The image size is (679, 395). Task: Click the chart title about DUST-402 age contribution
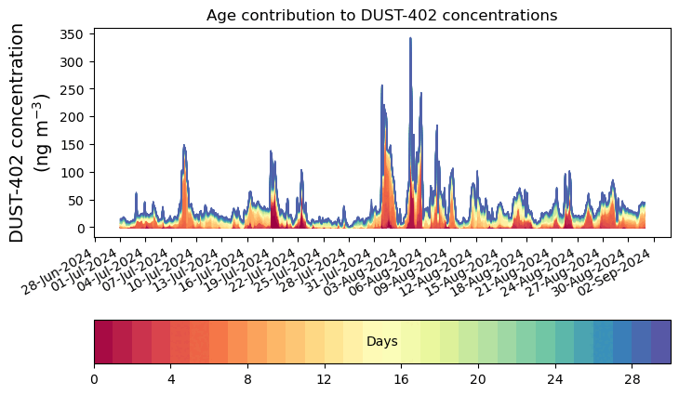[381, 15]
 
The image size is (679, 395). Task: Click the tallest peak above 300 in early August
[410, 40]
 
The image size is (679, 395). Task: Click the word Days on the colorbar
[381, 342]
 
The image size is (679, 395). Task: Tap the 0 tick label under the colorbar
[94, 380]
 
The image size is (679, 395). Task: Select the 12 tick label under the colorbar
[324, 380]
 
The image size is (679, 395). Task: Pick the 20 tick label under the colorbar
[478, 380]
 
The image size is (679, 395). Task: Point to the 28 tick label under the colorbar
[632, 380]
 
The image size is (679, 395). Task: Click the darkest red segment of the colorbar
[103, 341]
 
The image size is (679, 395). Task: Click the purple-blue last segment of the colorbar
[660, 341]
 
